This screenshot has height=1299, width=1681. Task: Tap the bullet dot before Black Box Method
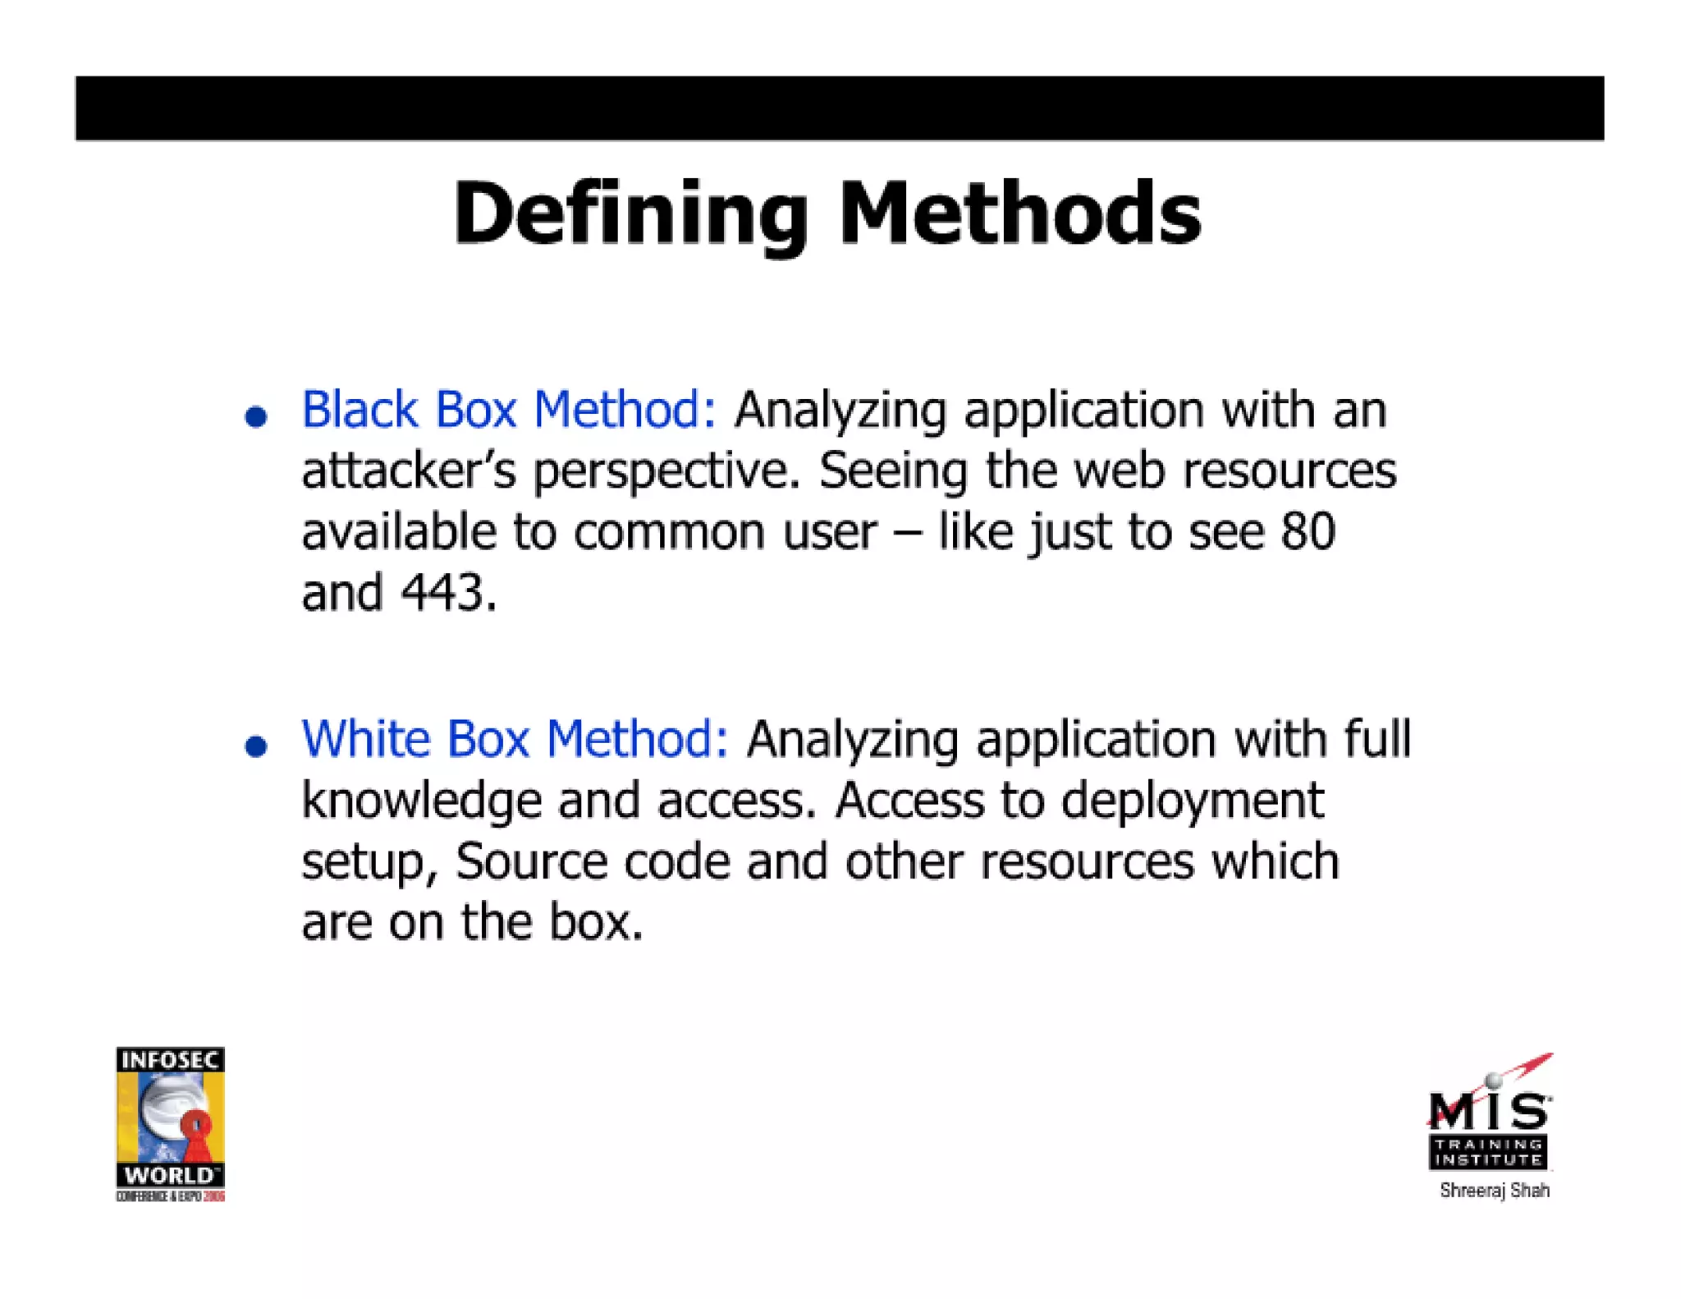pyautogui.click(x=256, y=416)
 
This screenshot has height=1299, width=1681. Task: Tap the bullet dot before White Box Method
pyautogui.click(x=256, y=746)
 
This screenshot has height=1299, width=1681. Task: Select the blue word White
pyautogui.click(x=366, y=738)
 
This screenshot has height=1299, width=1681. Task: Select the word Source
pyautogui.click(x=531, y=861)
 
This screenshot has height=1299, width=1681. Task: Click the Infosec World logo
pyautogui.click(x=171, y=1122)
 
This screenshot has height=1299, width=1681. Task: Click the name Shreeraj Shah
pyautogui.click(x=1494, y=1191)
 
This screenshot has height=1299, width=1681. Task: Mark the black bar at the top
pyautogui.click(x=839, y=108)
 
